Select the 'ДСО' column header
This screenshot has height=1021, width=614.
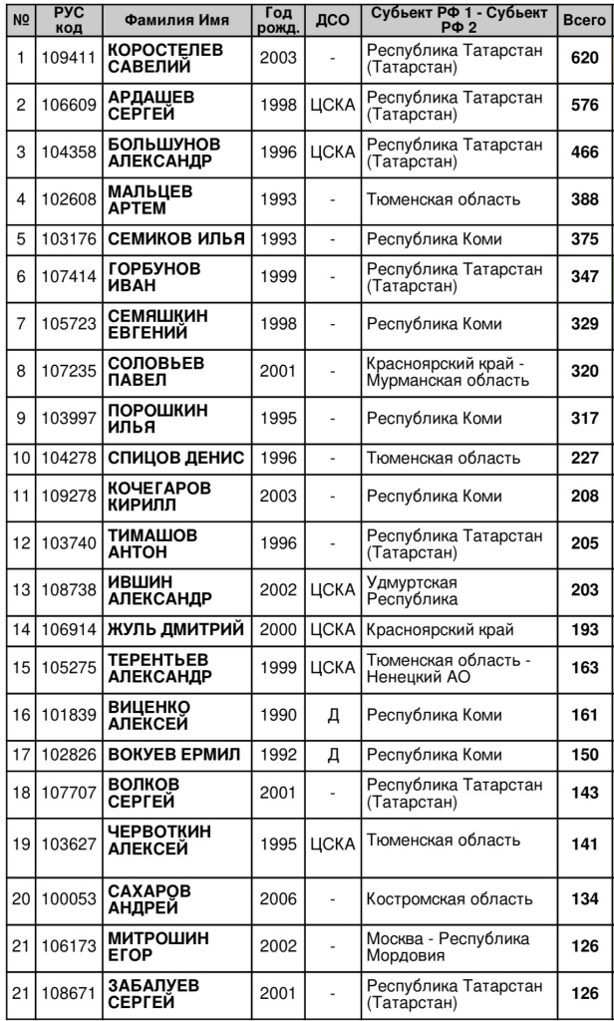click(331, 20)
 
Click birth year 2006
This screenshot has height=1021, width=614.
click(277, 899)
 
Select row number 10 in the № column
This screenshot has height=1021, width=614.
click(19, 458)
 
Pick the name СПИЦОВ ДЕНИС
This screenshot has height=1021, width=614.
click(175, 458)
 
